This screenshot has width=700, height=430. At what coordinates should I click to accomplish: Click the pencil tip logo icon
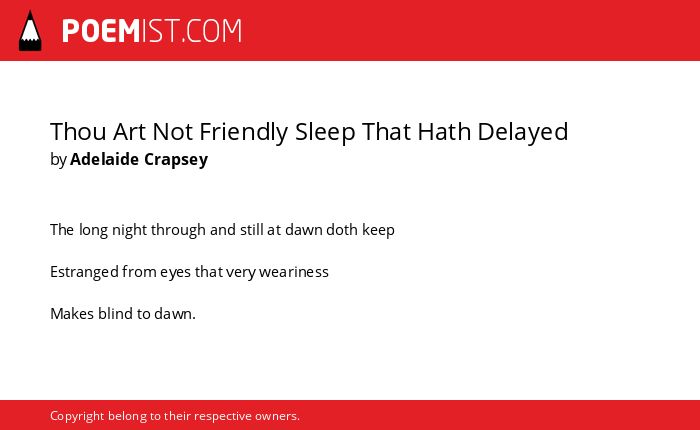[x=30, y=31]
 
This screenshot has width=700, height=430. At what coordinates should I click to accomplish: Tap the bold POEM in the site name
[x=101, y=31]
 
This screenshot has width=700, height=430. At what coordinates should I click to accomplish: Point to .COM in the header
[x=211, y=31]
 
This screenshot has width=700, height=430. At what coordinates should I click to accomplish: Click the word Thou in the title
[x=78, y=132]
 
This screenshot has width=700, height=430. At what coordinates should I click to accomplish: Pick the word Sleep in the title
[x=325, y=133]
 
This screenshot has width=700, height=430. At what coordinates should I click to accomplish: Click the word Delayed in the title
[x=522, y=133]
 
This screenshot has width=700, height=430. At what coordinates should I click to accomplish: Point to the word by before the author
[x=58, y=160]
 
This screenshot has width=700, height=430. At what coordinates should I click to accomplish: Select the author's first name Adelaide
[x=104, y=159]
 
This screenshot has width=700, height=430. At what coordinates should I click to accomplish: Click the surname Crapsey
[x=176, y=160]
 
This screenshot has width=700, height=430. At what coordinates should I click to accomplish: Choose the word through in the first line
[x=178, y=230]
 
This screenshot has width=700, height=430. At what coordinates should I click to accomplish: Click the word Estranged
[x=84, y=272]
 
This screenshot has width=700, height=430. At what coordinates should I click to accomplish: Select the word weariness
[x=294, y=272]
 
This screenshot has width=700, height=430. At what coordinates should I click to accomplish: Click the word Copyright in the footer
[x=77, y=416]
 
